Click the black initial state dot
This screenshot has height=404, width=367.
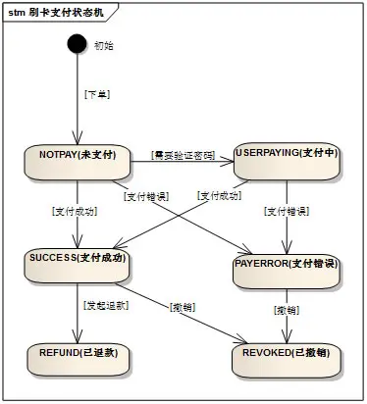pyautogui.click(x=76, y=45)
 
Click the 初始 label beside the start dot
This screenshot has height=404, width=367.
pyautogui.click(x=103, y=46)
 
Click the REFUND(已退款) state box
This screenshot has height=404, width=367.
pyautogui.click(x=77, y=357)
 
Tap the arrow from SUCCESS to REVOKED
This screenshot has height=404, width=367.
pyautogui.click(x=186, y=314)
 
